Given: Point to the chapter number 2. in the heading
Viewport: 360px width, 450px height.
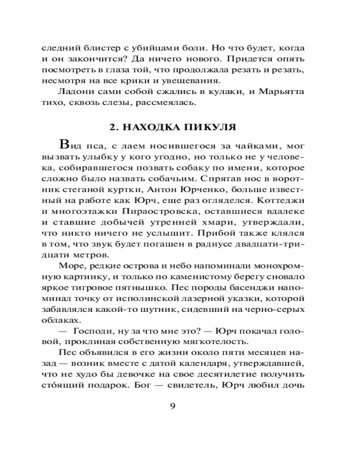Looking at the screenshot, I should point(114,127).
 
